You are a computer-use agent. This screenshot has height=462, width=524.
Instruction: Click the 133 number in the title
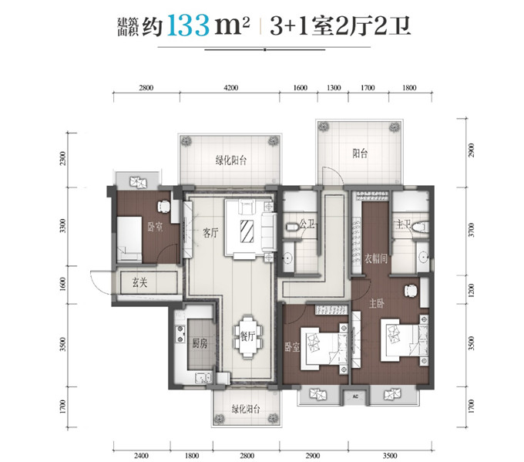(x=188, y=25)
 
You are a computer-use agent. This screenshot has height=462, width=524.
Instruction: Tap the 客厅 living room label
(x=210, y=232)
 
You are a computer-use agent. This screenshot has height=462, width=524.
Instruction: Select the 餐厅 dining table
(x=247, y=336)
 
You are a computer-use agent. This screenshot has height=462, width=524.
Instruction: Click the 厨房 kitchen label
(x=200, y=343)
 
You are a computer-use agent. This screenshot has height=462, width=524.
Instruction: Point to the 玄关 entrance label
(x=139, y=283)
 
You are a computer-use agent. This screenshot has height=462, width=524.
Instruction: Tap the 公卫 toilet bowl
(x=293, y=227)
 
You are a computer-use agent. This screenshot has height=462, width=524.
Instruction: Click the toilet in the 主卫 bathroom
(x=421, y=227)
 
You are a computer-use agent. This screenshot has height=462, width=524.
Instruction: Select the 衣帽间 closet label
(x=375, y=258)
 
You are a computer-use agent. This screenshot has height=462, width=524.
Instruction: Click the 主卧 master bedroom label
(x=376, y=303)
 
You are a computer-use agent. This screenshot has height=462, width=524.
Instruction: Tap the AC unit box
(x=355, y=396)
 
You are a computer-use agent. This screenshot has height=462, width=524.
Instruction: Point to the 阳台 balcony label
(x=360, y=153)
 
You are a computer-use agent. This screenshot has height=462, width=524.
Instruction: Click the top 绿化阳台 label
(x=231, y=160)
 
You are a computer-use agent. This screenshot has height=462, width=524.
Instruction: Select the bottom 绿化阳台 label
(x=246, y=409)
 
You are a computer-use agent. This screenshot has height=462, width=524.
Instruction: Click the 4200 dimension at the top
(x=230, y=88)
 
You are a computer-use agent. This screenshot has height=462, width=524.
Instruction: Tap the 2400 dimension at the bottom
(x=141, y=455)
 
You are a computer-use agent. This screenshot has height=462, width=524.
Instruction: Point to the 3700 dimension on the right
(x=471, y=230)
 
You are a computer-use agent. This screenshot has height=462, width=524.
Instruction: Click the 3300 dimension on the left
(x=63, y=226)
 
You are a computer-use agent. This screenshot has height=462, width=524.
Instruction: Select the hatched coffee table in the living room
(x=247, y=231)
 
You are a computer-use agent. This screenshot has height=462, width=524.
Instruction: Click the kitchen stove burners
(x=180, y=334)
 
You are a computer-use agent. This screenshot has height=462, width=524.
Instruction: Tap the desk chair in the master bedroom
(x=411, y=290)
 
